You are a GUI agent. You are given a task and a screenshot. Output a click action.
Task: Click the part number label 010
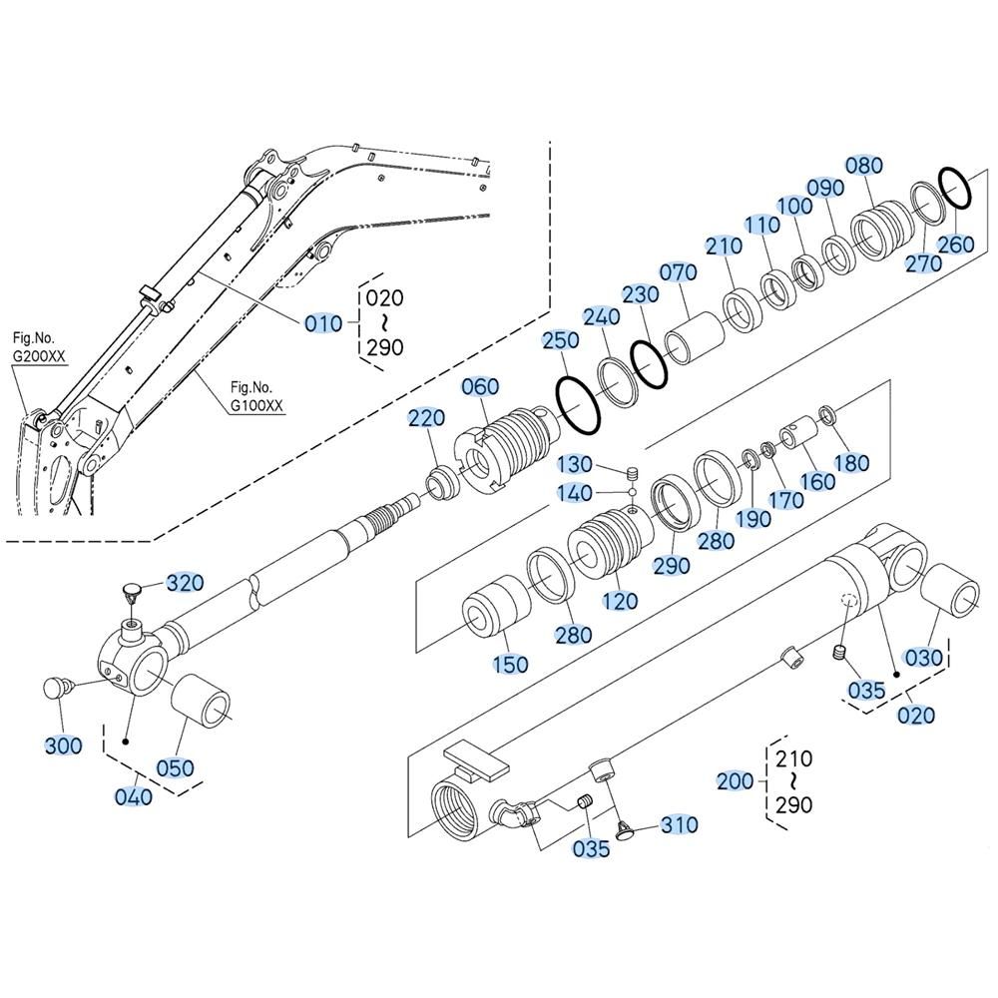click(x=323, y=324)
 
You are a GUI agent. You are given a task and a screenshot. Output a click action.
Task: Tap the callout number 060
click(x=480, y=386)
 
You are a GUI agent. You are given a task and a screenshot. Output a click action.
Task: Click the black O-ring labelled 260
click(x=955, y=188)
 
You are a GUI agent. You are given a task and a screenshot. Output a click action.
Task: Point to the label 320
click(x=185, y=583)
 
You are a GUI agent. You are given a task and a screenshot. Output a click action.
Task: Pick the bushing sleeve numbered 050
click(x=202, y=702)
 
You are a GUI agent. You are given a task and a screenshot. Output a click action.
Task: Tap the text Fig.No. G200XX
click(x=39, y=347)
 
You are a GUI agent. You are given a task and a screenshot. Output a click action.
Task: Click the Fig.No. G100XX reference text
click(x=256, y=396)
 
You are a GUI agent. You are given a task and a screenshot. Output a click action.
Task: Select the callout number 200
click(x=736, y=781)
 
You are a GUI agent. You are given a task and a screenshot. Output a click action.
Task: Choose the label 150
click(x=510, y=664)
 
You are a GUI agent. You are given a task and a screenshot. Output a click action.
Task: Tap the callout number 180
click(x=851, y=463)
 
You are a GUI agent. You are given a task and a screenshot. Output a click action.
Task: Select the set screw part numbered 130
click(x=632, y=473)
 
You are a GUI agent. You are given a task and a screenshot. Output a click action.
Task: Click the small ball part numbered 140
click(x=632, y=491)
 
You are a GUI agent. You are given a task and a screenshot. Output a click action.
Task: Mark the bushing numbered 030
click(x=952, y=590)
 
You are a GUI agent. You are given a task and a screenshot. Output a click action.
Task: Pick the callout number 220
click(x=426, y=418)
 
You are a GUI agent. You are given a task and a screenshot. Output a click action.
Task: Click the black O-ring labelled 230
click(x=649, y=364)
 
